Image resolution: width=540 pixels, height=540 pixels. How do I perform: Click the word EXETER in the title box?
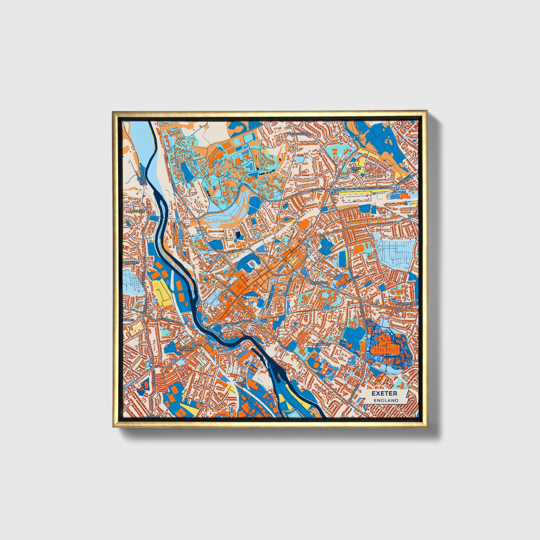(384, 394)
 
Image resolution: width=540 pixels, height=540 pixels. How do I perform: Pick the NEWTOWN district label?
(318, 283)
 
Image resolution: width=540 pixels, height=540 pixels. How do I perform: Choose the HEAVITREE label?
(405, 304)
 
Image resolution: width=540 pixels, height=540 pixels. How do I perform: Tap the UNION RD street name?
(321, 189)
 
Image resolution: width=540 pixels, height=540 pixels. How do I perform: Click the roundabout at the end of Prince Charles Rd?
(395, 190)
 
